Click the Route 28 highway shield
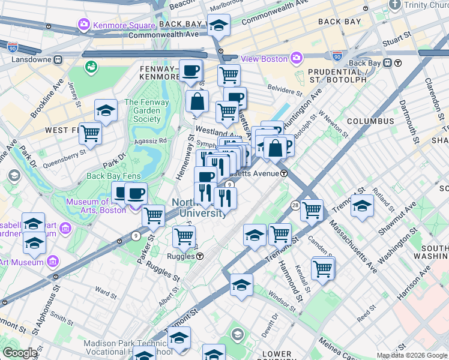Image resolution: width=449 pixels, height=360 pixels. click(295, 205)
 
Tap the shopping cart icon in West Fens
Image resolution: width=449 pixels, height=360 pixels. click(90, 133)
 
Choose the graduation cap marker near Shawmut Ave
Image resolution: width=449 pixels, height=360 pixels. click(362, 205)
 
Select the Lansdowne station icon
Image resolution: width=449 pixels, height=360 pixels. click(58, 60)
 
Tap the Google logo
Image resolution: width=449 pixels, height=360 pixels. click(20, 353)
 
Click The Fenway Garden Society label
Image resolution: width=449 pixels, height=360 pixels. click(143, 110)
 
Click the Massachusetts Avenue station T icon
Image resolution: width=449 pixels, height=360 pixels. click(283, 173)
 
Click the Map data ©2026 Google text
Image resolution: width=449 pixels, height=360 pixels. click(412, 355)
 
